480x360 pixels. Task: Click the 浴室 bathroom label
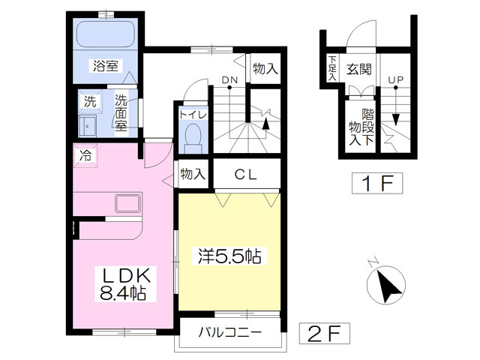[106, 65]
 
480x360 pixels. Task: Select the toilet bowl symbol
[193, 138]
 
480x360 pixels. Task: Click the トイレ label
[193, 115]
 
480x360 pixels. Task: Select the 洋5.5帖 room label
[229, 256]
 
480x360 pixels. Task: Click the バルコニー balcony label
[230, 334]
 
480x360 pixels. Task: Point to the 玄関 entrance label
[359, 70]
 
